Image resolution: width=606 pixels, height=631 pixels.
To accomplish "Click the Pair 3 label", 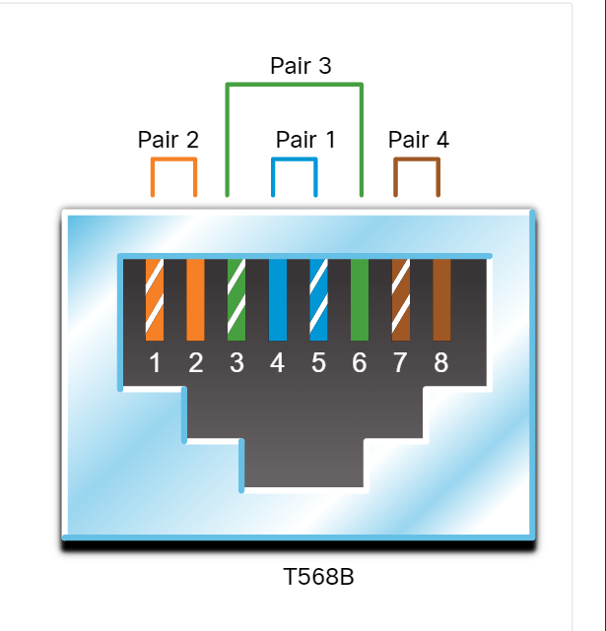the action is pyautogui.click(x=301, y=66).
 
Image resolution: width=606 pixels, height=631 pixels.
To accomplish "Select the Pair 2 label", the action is pyautogui.click(x=168, y=140).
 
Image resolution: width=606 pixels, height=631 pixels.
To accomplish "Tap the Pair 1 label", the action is pyautogui.click(x=305, y=140).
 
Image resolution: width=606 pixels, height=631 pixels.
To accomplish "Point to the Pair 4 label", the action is pyautogui.click(x=418, y=140).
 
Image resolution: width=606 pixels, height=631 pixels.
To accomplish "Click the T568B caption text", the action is pyautogui.click(x=318, y=576).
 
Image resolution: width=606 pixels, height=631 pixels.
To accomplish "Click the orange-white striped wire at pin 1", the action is pyautogui.click(x=155, y=300).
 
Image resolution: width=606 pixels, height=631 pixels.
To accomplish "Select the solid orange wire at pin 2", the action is pyautogui.click(x=195, y=300).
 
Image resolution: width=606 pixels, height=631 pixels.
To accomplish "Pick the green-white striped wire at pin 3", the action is pyautogui.click(x=236, y=300).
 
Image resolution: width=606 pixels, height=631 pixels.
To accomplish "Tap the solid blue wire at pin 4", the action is pyautogui.click(x=278, y=300).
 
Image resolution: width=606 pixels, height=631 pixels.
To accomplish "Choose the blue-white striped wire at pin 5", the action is pyautogui.click(x=318, y=300).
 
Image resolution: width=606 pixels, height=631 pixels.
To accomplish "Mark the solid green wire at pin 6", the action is pyautogui.click(x=360, y=300).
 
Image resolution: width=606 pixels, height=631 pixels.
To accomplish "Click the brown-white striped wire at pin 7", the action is pyautogui.click(x=401, y=300).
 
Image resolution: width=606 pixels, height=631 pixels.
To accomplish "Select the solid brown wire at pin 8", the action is pyautogui.click(x=441, y=300).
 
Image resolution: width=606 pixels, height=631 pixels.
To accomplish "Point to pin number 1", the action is pyautogui.click(x=155, y=362).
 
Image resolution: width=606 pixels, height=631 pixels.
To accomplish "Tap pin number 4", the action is pyautogui.click(x=277, y=362).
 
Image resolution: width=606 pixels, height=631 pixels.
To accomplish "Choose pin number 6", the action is pyautogui.click(x=360, y=362).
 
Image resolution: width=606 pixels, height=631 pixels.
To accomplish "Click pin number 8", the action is pyautogui.click(x=441, y=362).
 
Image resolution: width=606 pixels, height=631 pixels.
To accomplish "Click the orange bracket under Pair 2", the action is pyautogui.click(x=173, y=159).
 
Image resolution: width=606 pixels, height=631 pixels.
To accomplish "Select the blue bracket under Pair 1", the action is pyautogui.click(x=295, y=159).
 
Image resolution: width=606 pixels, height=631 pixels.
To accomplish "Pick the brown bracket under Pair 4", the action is pyautogui.click(x=417, y=159).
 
